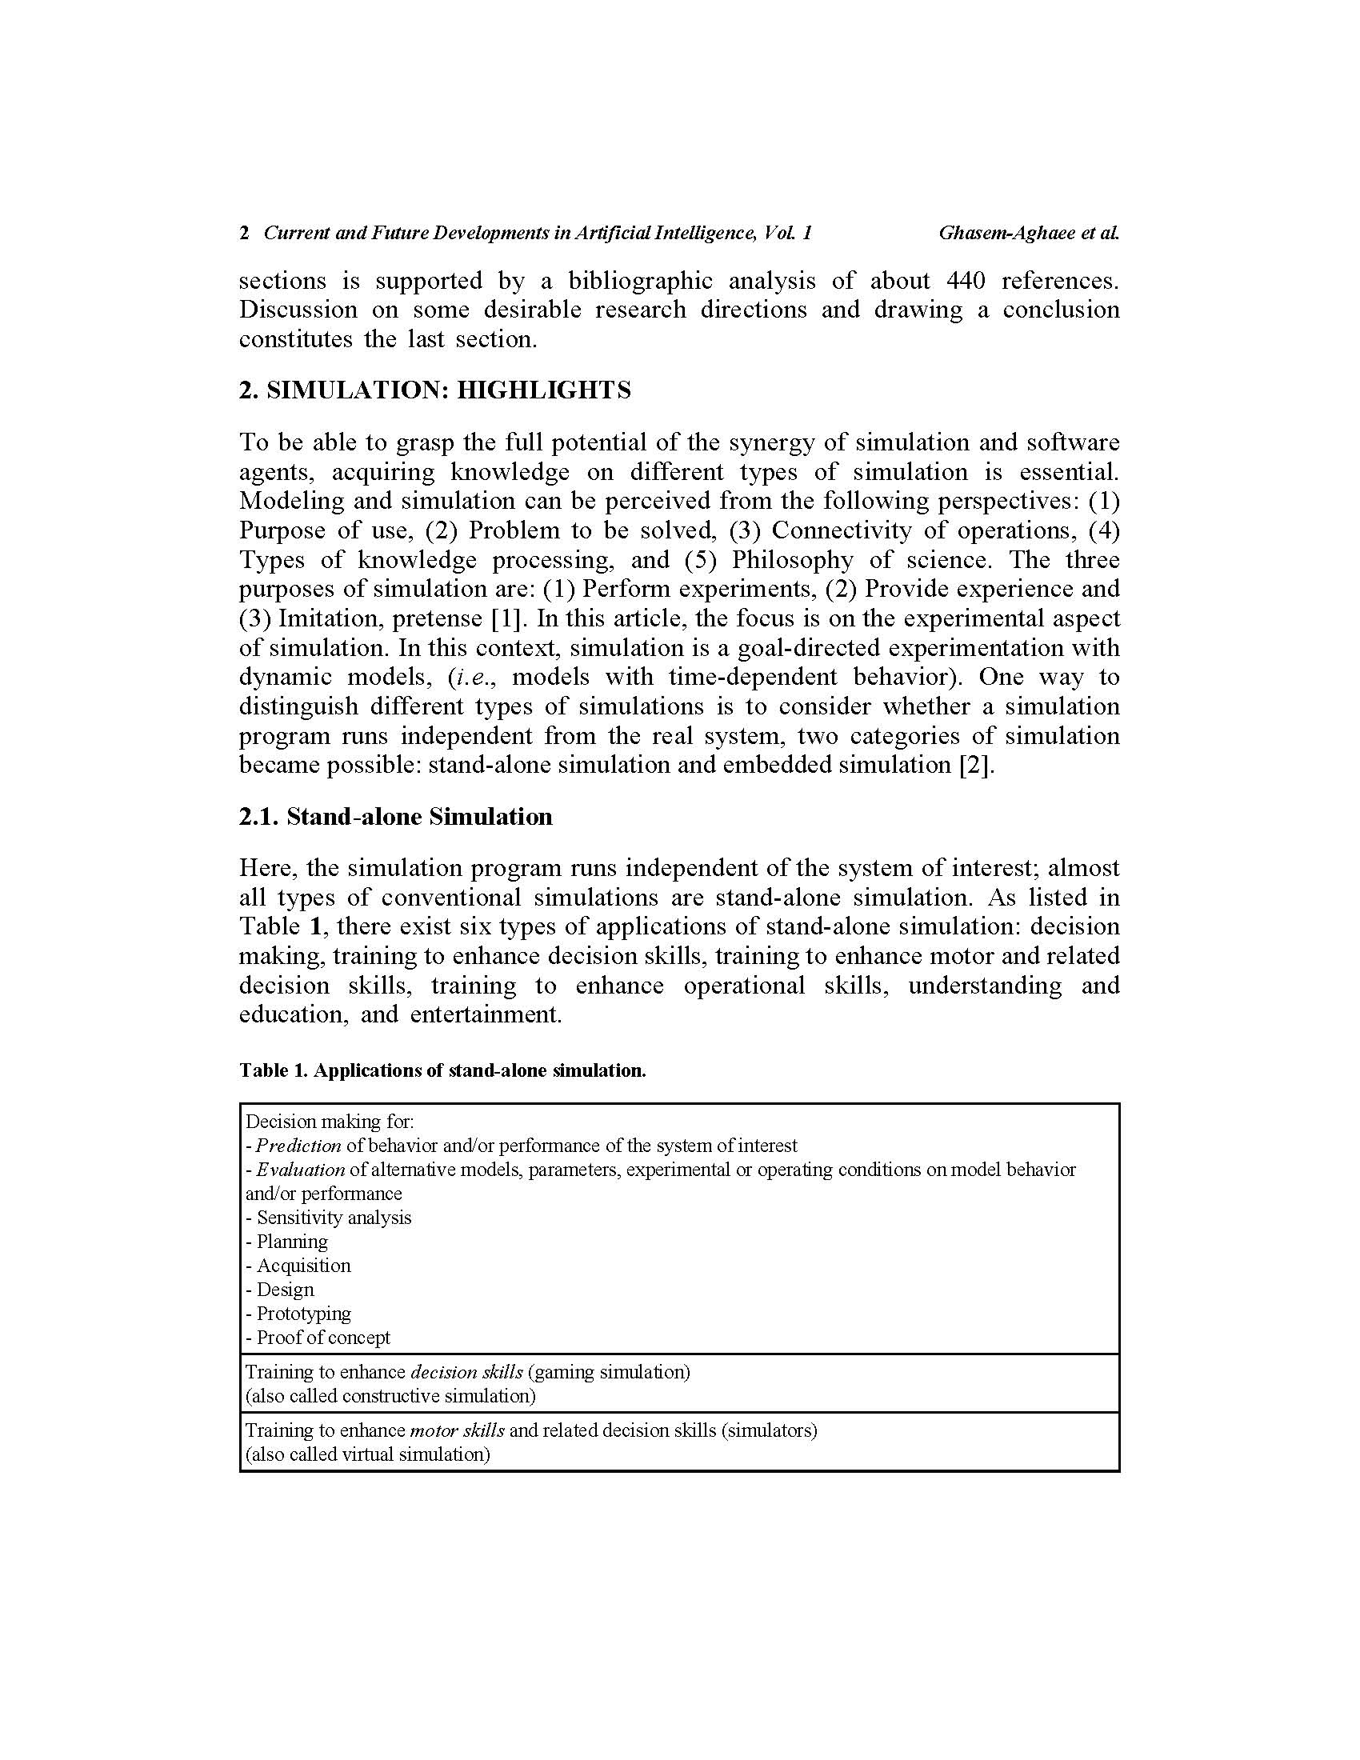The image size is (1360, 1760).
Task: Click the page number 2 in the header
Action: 243,234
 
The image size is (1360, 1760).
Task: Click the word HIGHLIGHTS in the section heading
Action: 544,391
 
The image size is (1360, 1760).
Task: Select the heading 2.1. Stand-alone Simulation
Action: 395,816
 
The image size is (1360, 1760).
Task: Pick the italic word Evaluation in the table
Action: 301,1170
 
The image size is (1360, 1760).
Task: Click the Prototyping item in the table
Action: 303,1314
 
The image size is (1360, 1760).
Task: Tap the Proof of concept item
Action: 322,1338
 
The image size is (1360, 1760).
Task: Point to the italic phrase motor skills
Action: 457,1430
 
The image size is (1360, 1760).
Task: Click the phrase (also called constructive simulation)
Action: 390,1396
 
